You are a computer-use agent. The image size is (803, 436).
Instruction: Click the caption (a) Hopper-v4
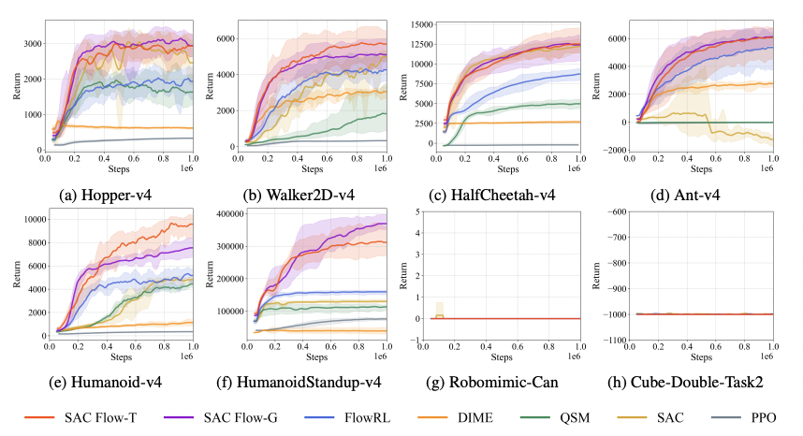point(106,195)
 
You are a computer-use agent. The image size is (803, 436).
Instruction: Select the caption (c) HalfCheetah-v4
point(491,195)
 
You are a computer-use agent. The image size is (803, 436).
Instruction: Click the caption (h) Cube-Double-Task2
point(685,383)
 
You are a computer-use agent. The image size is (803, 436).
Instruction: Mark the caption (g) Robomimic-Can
point(492,383)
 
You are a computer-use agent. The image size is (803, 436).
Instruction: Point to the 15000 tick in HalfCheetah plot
point(422,24)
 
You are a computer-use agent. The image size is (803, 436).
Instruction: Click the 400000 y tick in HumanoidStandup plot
point(229,214)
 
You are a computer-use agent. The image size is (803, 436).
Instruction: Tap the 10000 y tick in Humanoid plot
point(35,220)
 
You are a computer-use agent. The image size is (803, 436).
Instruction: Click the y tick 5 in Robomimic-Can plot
point(418,211)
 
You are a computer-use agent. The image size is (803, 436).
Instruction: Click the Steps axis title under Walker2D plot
point(313,168)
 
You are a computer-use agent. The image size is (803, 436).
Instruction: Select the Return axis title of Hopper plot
point(17,86)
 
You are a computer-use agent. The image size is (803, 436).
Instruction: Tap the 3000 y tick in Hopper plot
point(33,44)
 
